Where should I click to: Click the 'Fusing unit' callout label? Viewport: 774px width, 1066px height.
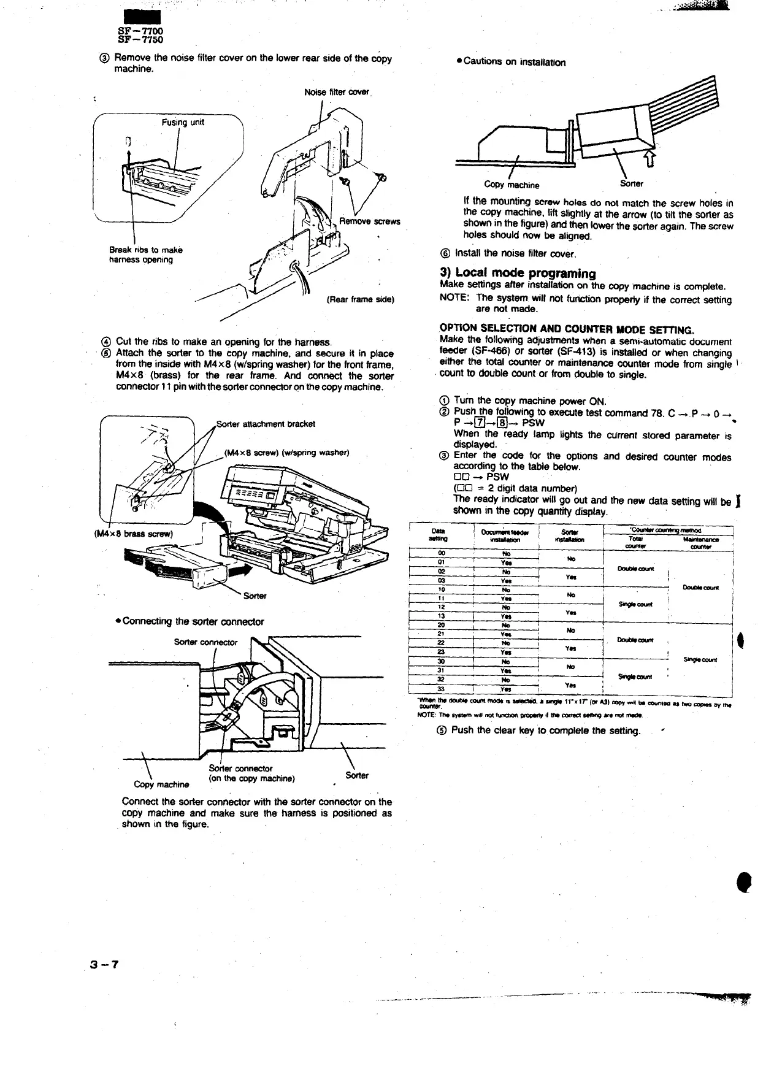[x=183, y=122]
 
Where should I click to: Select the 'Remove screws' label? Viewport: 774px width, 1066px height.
[x=369, y=221]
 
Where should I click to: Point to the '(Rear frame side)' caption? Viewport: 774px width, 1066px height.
[x=360, y=300]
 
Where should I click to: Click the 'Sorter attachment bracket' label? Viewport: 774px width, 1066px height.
[x=266, y=424]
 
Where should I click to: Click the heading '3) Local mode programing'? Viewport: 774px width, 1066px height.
[x=518, y=273]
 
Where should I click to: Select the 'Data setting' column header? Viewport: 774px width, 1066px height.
[x=439, y=535]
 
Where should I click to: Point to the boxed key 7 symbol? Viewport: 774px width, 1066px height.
[x=481, y=423]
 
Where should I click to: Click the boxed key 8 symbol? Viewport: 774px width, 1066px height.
[x=502, y=423]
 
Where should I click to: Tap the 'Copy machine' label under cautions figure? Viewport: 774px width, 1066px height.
[x=512, y=185]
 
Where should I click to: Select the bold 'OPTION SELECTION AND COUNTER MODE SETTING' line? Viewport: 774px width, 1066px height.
[x=567, y=329]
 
